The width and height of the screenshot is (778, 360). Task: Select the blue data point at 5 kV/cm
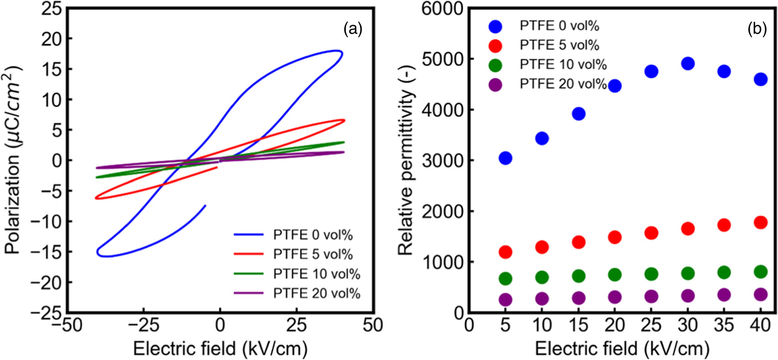505,158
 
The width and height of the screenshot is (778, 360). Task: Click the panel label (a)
353,30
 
